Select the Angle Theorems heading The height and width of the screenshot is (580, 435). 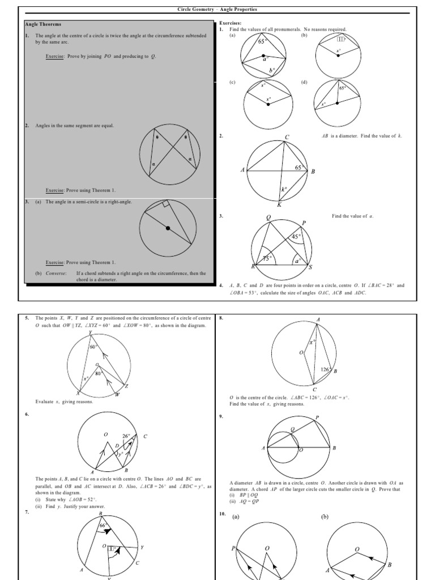(x=43, y=24)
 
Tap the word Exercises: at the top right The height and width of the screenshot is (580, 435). (x=231, y=24)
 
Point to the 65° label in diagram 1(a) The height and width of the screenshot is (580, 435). (x=263, y=42)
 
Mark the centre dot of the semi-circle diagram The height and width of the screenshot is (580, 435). (x=168, y=228)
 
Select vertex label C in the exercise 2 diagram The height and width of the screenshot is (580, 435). (x=287, y=137)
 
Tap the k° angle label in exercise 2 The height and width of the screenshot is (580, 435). (x=284, y=190)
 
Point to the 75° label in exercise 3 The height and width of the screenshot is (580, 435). (x=268, y=258)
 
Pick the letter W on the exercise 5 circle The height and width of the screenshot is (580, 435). (x=117, y=394)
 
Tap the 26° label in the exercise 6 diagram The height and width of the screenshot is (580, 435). (x=126, y=436)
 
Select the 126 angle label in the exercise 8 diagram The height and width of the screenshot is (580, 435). (x=325, y=370)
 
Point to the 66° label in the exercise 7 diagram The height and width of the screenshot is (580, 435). (x=103, y=526)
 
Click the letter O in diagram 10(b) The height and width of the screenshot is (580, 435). (x=357, y=549)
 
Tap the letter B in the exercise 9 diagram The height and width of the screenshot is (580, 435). (x=334, y=448)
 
